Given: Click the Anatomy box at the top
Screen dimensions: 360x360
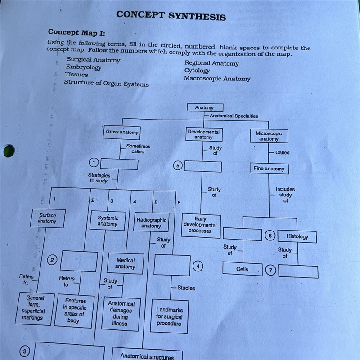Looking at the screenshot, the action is [205, 107].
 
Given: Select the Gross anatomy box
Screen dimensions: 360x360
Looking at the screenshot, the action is [122, 132].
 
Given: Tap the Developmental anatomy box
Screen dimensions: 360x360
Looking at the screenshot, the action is [204, 134].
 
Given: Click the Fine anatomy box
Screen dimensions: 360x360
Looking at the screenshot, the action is [269, 169].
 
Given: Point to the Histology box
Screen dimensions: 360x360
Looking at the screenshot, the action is [297, 236].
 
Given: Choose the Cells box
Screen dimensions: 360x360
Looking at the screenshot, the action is [243, 269].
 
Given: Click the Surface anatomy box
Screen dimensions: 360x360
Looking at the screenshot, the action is [48, 218].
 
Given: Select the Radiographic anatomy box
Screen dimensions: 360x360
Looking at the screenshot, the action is [151, 222].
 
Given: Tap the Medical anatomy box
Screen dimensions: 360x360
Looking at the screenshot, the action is [125, 263].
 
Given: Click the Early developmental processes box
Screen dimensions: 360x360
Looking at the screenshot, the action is [201, 225].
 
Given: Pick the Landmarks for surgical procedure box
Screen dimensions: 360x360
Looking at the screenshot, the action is [169, 316].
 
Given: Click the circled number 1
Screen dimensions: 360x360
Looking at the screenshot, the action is [94, 163].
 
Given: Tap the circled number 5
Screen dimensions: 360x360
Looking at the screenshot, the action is [178, 165].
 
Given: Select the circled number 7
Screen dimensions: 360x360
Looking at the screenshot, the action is [270, 270].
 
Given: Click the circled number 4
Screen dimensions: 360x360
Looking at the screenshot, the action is [198, 266].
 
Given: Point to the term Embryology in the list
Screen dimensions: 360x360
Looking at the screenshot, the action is [84, 67].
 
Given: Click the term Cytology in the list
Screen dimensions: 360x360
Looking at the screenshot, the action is [197, 71].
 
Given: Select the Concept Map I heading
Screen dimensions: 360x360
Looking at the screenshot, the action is [76, 32].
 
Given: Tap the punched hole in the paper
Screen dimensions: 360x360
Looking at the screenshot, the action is [9, 151].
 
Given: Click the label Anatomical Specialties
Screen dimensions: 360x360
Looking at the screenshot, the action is [234, 116].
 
